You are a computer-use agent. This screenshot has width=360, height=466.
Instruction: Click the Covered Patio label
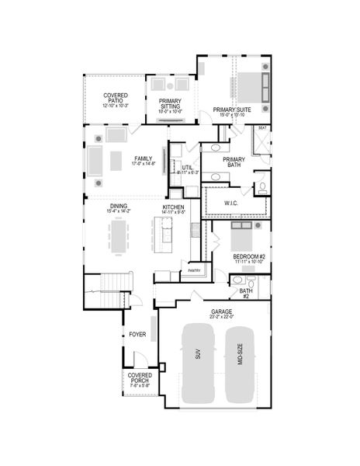(115, 99)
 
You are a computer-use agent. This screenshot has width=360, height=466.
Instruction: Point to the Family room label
(143, 158)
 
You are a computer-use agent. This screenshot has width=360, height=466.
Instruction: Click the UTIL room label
(188, 168)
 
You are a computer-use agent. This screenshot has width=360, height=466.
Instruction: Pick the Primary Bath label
(235, 162)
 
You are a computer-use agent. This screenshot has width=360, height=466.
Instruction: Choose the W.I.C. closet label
(232, 204)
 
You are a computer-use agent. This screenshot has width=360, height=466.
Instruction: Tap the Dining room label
(119, 207)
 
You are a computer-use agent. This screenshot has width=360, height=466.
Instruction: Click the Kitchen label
(173, 207)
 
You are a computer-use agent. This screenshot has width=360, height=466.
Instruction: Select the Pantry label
(195, 271)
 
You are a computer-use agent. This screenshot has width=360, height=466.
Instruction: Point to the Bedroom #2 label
(250, 257)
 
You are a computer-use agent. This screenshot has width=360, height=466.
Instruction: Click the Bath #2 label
(244, 294)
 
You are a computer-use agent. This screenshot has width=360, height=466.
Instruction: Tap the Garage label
(221, 312)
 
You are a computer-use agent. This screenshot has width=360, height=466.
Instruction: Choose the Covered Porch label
(140, 381)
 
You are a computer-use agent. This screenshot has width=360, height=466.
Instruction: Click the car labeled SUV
(199, 363)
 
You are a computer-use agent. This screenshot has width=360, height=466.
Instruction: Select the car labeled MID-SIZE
(241, 363)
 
